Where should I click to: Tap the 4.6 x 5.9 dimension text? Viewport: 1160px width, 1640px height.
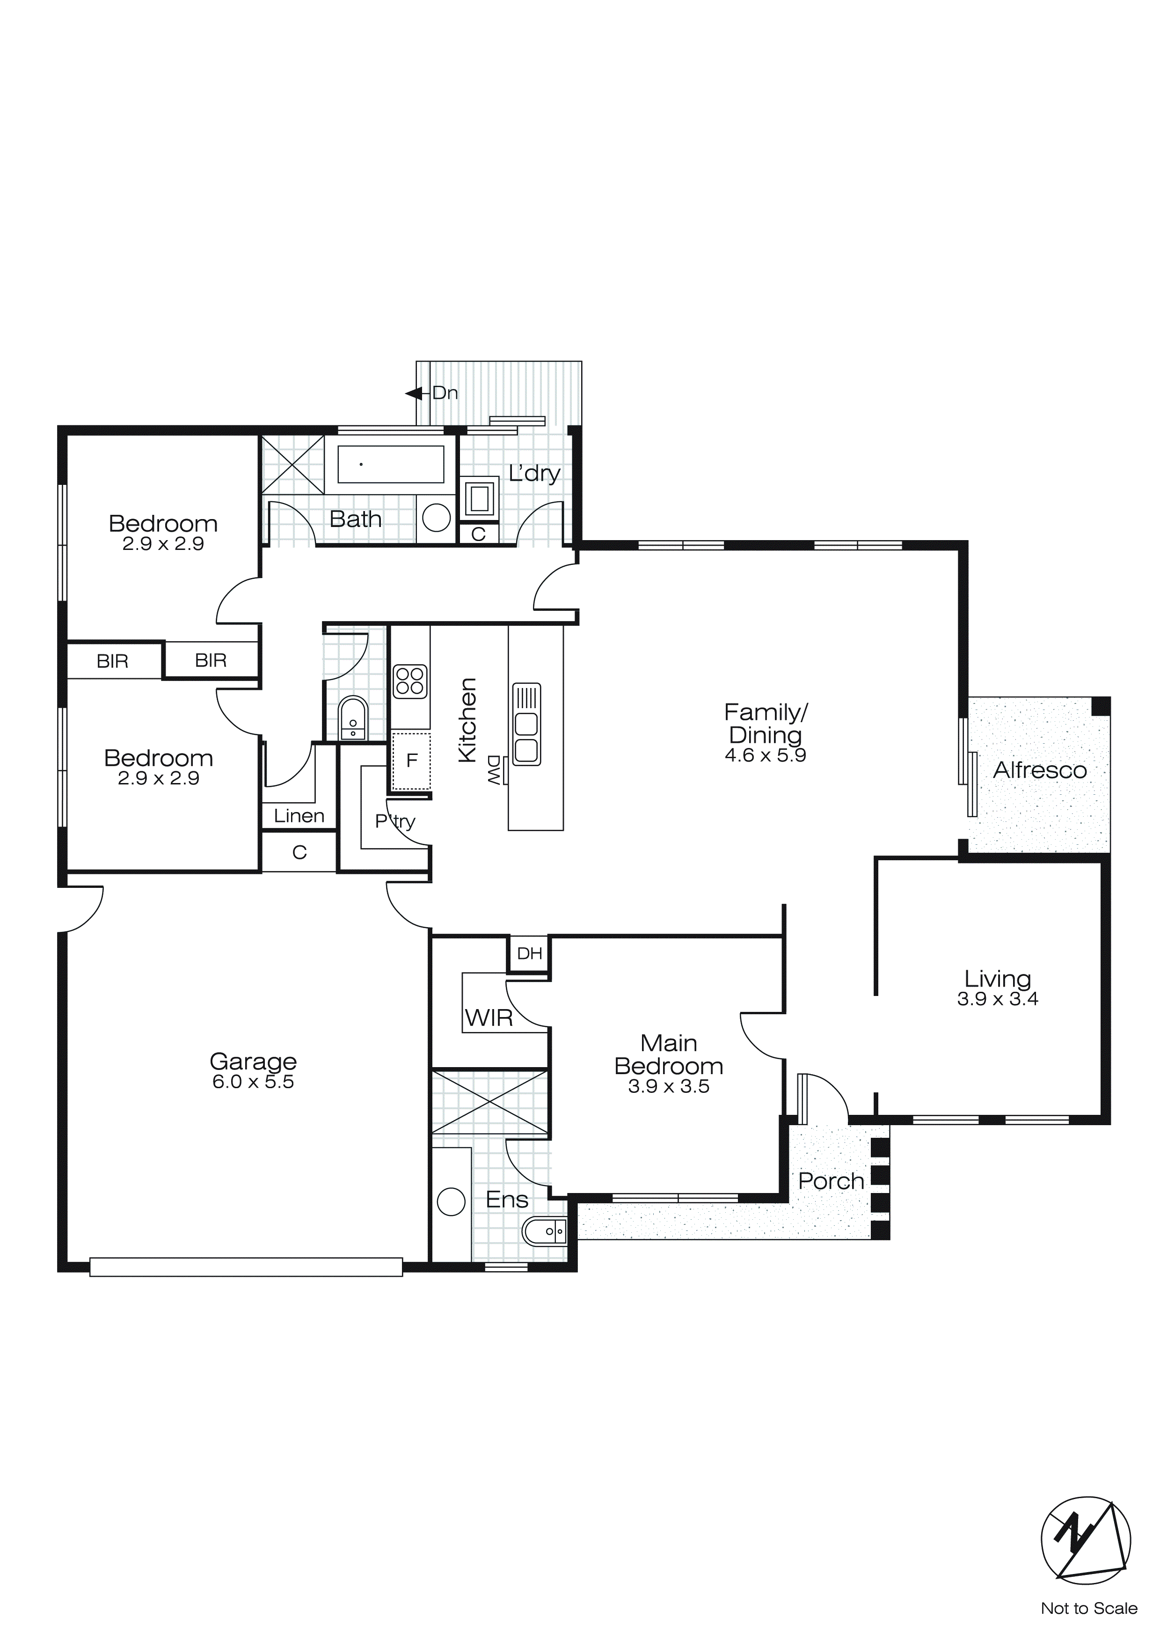pyautogui.click(x=765, y=756)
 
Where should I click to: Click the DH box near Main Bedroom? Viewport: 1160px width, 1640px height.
pyautogui.click(x=529, y=953)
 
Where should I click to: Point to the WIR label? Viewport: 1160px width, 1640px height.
pyautogui.click(x=489, y=1018)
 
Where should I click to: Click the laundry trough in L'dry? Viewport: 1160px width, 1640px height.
pyautogui.click(x=479, y=498)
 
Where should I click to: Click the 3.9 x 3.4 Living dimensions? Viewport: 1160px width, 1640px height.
pyautogui.click(x=997, y=999)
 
